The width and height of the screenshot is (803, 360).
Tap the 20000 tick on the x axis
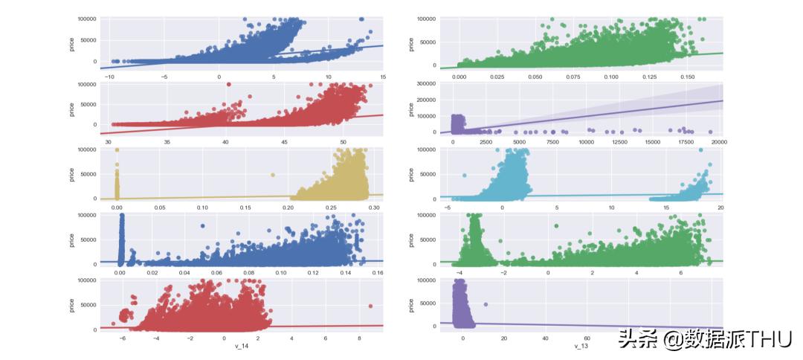[x=718, y=141]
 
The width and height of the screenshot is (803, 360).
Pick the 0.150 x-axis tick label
[x=687, y=77]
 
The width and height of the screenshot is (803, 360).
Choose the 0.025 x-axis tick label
[x=497, y=77]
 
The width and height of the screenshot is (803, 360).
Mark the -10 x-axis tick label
[x=110, y=77]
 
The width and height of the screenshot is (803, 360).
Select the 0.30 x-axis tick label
[x=374, y=208]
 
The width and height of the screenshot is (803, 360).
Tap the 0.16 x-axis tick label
[x=377, y=273]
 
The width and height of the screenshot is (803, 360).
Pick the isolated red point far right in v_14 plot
[x=370, y=306]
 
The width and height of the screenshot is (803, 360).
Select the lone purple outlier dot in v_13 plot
[x=486, y=304]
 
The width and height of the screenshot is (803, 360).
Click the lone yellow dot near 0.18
[x=273, y=175]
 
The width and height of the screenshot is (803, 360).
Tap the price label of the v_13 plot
[x=411, y=305]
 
